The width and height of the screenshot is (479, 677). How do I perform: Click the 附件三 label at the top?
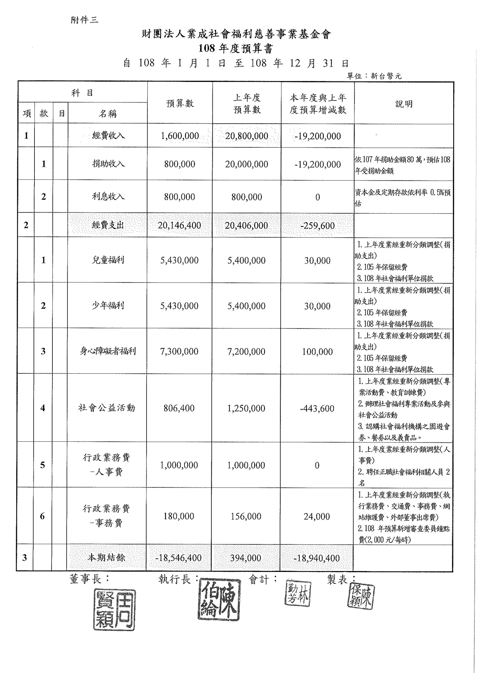tap(84, 20)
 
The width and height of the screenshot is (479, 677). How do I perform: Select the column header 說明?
tap(404, 104)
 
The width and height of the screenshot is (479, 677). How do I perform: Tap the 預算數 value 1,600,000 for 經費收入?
tap(180, 136)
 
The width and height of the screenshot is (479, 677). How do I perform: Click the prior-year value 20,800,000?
tap(247, 136)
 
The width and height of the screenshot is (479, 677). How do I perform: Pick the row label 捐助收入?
tap(108, 164)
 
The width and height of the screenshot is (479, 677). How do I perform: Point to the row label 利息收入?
tap(108, 197)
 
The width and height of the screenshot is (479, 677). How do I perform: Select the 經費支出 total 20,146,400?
tap(179, 225)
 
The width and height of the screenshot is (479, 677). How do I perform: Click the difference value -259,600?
tap(317, 226)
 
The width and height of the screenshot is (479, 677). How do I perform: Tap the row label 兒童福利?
tap(108, 260)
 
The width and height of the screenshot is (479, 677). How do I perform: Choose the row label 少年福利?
tap(108, 306)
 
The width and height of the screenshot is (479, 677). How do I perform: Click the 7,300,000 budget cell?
tap(179, 351)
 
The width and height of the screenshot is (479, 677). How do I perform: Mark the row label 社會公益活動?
tap(107, 408)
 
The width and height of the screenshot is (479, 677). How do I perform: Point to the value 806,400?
tap(179, 408)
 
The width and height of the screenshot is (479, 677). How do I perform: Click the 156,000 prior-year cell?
tap(246, 516)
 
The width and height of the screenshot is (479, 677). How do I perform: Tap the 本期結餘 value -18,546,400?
tap(179, 558)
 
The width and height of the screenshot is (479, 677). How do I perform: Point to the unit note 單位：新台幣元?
tap(374, 76)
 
